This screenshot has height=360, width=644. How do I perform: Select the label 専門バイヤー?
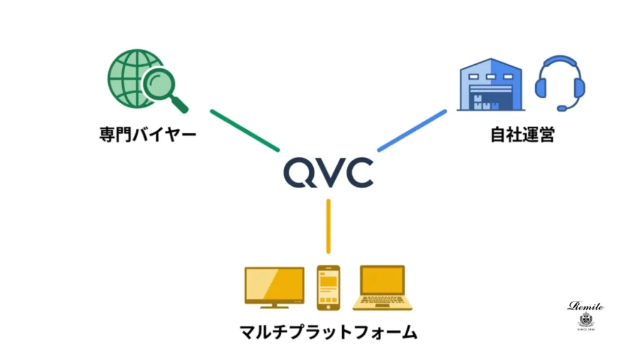tap(148, 135)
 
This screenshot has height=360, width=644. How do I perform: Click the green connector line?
tap(245, 131)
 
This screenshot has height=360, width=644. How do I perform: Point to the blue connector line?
tap(411, 131)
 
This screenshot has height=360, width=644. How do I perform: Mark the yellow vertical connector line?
tap(328, 226)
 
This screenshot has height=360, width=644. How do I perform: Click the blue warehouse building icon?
tap(491, 84)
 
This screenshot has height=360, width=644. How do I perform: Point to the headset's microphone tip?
tap(562, 108)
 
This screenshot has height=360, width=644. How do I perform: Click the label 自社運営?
tap(523, 135)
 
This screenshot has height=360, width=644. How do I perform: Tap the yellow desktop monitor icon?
tap(274, 287)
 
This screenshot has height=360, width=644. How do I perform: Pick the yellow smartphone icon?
tap(328, 287)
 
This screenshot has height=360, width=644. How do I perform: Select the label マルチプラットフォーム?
tap(328, 332)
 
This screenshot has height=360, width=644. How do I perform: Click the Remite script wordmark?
tap(586, 307)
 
